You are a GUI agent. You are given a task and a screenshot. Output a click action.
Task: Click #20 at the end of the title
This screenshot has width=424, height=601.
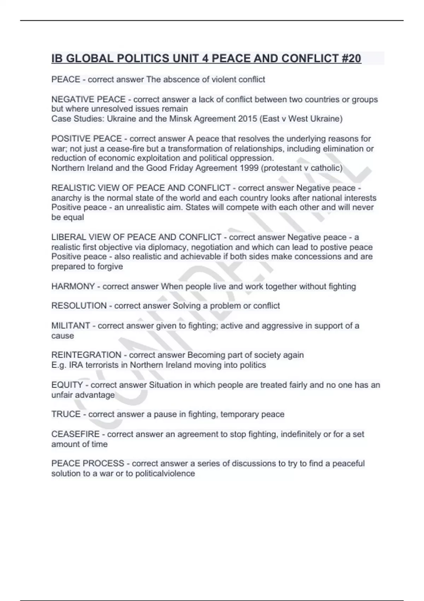[x=351, y=58]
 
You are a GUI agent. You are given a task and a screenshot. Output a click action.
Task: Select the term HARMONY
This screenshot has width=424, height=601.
[x=73, y=286]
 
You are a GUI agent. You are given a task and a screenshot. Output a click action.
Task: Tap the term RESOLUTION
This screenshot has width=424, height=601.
[x=79, y=306]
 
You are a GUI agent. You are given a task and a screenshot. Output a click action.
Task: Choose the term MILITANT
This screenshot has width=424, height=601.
[x=71, y=326]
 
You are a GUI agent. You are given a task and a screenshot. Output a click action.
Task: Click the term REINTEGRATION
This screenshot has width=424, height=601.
[x=86, y=355]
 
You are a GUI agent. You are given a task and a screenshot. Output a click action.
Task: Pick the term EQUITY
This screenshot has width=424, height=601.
[x=67, y=385]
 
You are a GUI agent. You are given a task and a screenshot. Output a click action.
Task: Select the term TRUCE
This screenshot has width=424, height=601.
[x=66, y=414]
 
